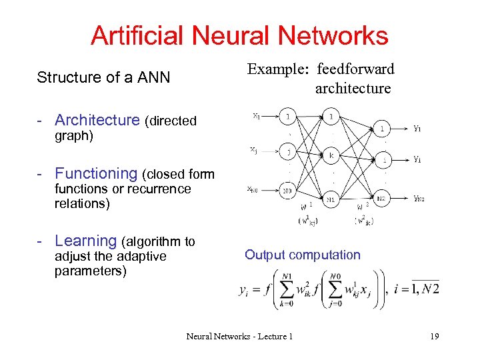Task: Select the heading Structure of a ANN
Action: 103,77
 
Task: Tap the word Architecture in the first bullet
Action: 97,120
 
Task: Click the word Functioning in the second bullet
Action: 96,173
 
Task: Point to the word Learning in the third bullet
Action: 86,241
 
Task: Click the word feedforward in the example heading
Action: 356,69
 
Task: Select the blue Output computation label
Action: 302,255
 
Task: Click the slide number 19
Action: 434,337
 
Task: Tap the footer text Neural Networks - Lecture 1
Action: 239,337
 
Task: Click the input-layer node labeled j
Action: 288,151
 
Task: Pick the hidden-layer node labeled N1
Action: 331,199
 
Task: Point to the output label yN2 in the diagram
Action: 419,198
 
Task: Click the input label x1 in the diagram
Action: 256,115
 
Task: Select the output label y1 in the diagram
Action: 417,129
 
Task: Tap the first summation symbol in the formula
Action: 287,289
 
